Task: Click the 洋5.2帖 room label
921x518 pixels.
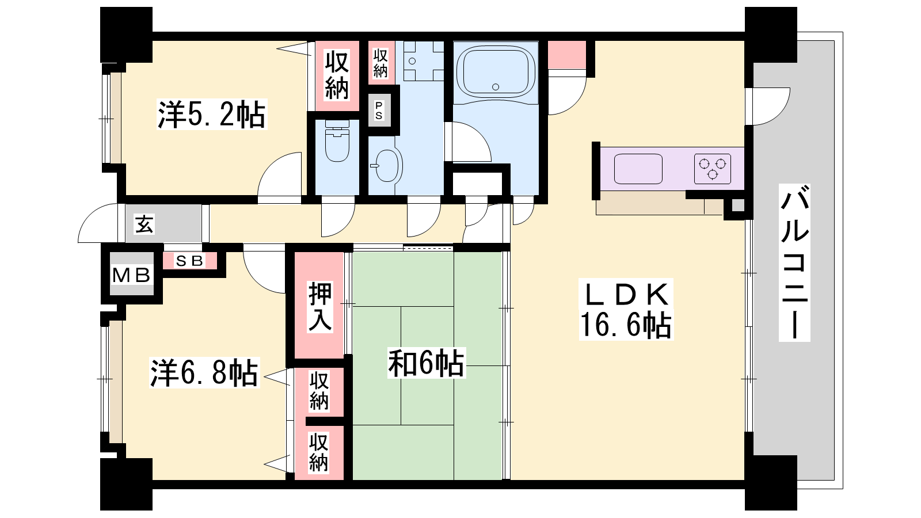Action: pos(212,115)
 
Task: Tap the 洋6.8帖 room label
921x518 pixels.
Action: pos(204,373)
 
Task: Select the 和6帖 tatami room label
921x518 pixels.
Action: pos(426,363)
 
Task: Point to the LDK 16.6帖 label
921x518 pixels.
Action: pos(626,309)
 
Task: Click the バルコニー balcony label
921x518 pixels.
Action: pos(794,262)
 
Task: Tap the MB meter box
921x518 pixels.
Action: pos(132,274)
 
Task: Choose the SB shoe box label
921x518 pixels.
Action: pos(189,261)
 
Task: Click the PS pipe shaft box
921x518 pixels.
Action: pos(379,110)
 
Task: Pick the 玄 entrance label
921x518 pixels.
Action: pos(144,224)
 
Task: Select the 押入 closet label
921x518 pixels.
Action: pos(320,306)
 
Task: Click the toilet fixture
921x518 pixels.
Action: pos(337,140)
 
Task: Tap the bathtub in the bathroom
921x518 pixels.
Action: pos(496,73)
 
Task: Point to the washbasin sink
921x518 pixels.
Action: pos(388,165)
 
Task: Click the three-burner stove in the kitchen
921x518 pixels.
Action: pos(713,169)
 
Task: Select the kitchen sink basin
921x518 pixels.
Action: pos(638,169)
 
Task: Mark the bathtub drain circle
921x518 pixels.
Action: pos(496,87)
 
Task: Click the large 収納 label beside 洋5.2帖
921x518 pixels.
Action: pos(337,75)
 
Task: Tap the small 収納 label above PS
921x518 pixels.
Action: pos(380,63)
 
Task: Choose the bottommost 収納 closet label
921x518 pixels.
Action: pos(319,452)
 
